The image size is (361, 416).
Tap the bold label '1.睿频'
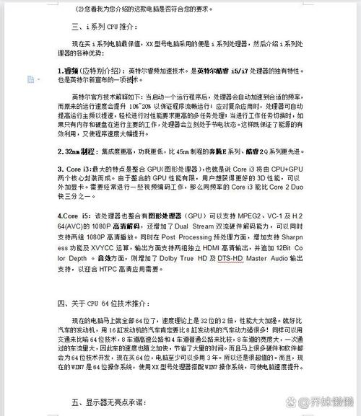[x=70, y=71]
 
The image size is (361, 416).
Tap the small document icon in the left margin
[x=29, y=79]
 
